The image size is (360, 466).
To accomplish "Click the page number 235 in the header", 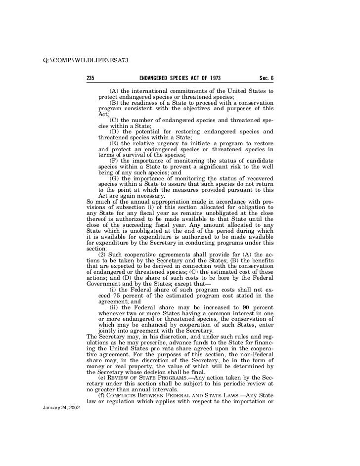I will pyautogui.click(x=90, y=79).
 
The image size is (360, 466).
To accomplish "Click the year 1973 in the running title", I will pyautogui.click(x=213, y=79).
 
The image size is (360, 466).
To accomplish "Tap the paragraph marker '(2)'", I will pyautogui.click(x=104, y=254).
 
